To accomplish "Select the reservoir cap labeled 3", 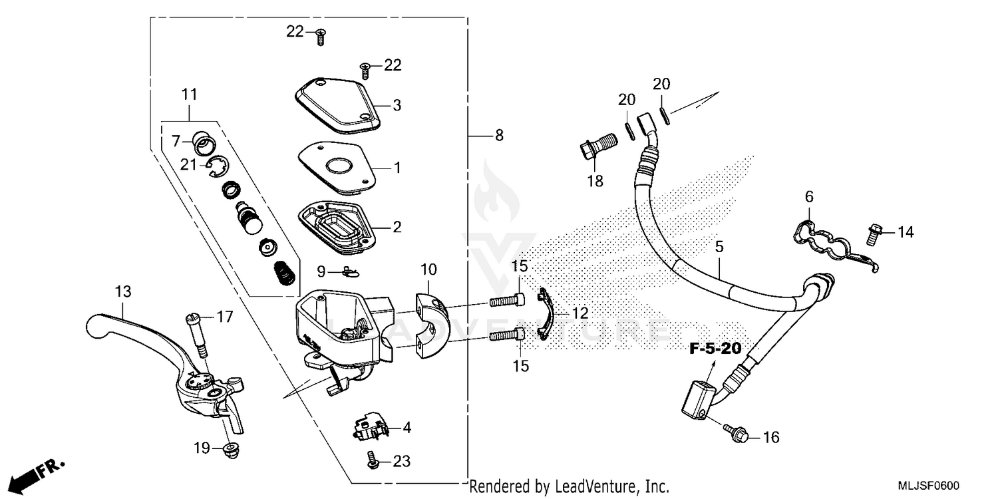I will pos(337,106).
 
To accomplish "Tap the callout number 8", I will pos(499,136).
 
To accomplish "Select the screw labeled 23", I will pos(373,458).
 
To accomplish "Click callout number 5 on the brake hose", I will pos(719,247).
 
